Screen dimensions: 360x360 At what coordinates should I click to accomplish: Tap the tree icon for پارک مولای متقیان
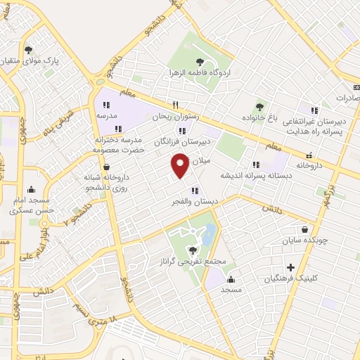(x=28, y=50)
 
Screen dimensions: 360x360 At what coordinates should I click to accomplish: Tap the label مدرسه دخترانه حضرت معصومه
(x=120, y=144)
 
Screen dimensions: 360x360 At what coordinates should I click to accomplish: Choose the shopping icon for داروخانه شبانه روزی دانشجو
(x=105, y=167)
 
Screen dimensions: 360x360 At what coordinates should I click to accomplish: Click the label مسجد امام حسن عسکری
(x=32, y=204)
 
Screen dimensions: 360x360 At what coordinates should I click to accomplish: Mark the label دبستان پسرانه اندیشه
(x=257, y=175)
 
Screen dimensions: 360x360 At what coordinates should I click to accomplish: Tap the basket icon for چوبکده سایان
(x=304, y=229)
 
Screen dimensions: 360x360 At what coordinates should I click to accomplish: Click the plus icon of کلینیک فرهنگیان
(x=291, y=267)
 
